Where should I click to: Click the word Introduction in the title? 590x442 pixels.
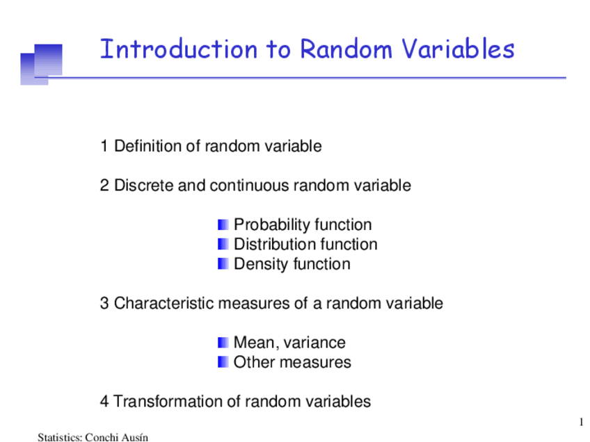click(x=179, y=49)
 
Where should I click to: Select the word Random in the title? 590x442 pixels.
click(x=346, y=49)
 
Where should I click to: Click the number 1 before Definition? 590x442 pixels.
click(x=104, y=146)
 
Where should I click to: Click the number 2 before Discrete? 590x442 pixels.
click(x=104, y=186)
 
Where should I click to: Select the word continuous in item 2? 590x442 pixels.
click(x=250, y=186)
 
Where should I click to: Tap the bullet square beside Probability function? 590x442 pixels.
click(x=223, y=224)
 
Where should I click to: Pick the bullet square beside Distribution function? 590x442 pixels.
click(x=223, y=245)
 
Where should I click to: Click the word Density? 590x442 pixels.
click(x=261, y=264)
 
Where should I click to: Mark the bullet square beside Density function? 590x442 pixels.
click(x=223, y=264)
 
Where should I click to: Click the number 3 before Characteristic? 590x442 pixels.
click(x=104, y=303)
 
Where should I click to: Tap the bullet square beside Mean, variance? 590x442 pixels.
click(x=223, y=343)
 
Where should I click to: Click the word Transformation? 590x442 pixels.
click(x=177, y=402)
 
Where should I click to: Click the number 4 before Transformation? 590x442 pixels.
click(x=104, y=402)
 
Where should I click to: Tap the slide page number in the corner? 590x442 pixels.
click(x=582, y=422)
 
